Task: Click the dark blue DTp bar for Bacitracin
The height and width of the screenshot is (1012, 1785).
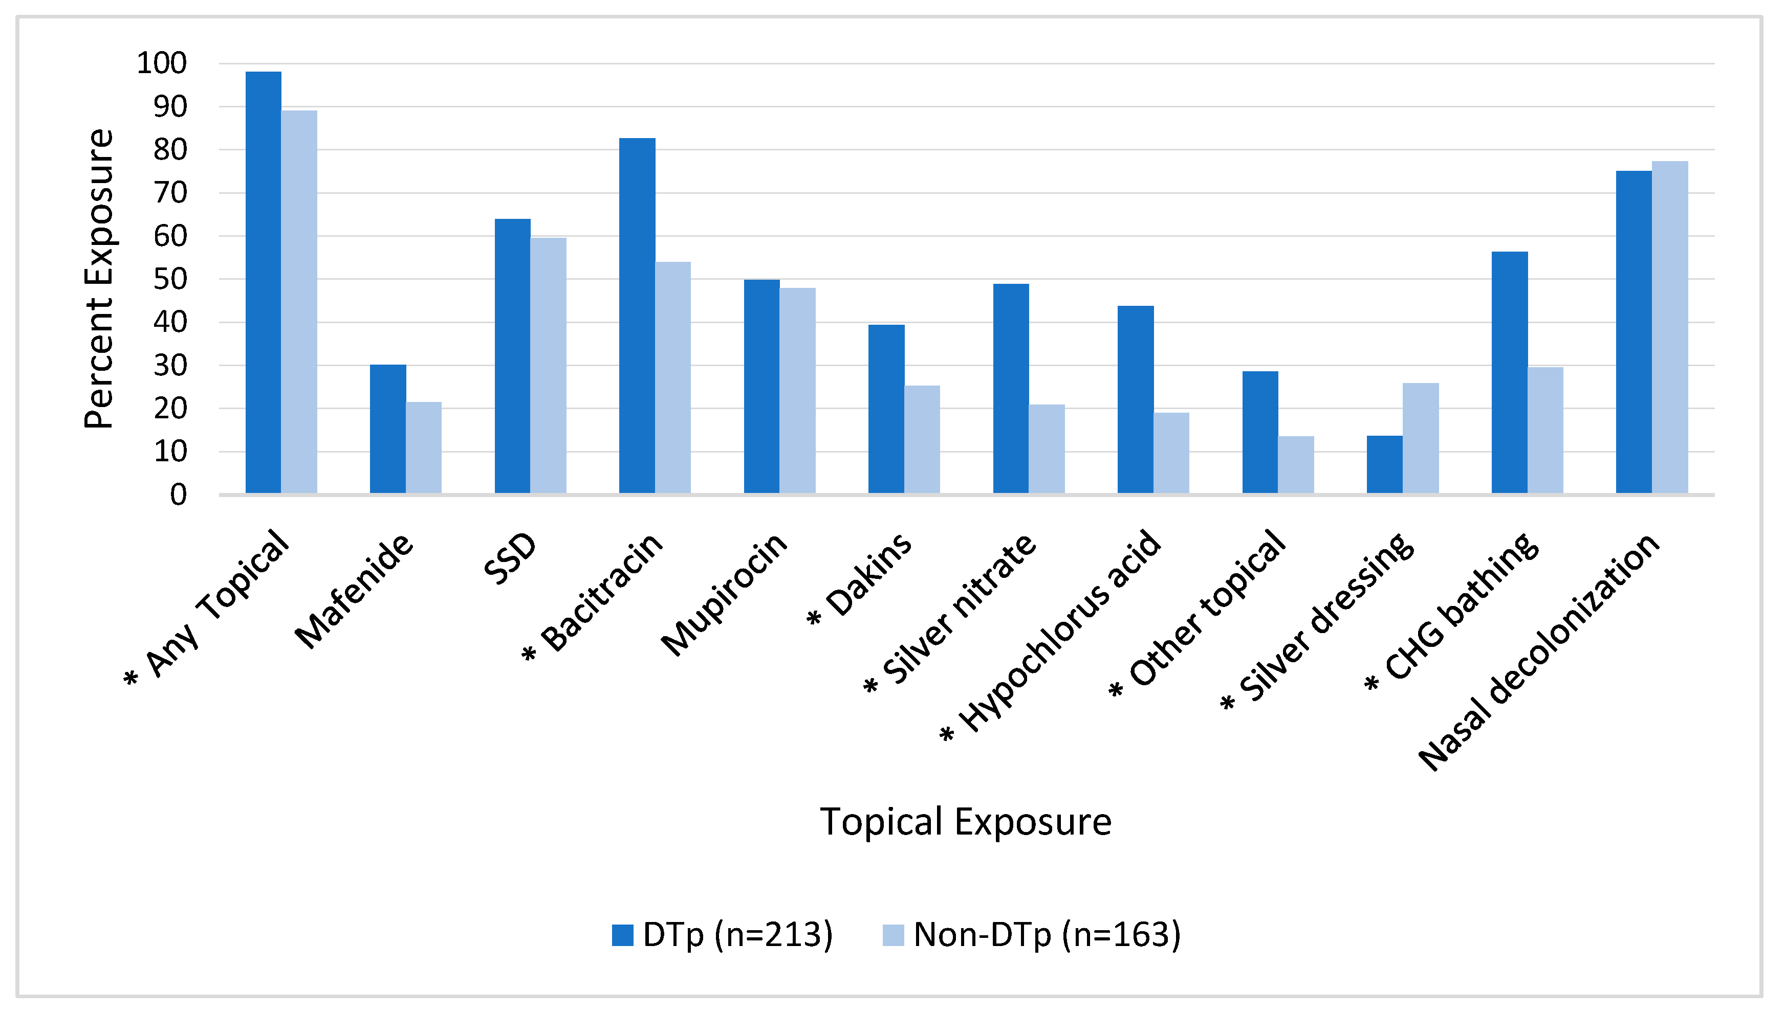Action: (637, 316)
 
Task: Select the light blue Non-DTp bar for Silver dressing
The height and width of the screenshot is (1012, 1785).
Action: (1420, 439)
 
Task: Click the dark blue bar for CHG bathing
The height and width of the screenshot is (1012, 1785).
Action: (1509, 373)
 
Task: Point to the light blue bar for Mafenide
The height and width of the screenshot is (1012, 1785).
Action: (423, 448)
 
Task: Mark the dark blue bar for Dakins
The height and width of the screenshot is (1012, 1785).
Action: (886, 410)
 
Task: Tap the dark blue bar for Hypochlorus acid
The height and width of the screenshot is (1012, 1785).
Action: (1135, 400)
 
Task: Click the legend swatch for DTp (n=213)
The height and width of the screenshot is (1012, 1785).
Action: (622, 935)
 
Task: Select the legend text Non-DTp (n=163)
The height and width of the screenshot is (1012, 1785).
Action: (1047, 935)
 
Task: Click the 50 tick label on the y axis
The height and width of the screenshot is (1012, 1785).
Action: (170, 279)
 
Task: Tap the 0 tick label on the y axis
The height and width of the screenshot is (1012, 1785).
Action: (179, 495)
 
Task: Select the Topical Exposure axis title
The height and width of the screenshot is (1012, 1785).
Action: (965, 822)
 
